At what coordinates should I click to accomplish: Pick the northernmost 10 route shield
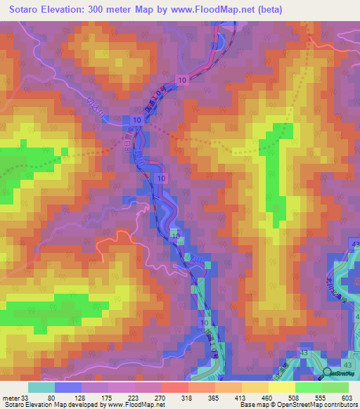click(x=181, y=82)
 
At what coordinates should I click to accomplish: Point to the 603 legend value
click(x=346, y=397)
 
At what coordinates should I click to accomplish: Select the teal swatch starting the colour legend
click(x=41, y=387)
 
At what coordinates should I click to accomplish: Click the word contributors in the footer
click(x=339, y=404)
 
